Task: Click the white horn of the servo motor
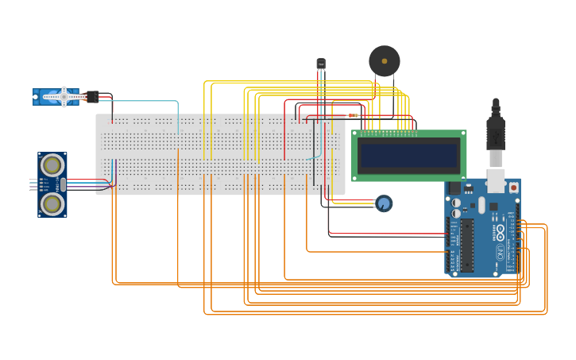coord(64,97)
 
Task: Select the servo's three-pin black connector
coord(92,97)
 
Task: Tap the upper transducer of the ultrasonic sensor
coord(52,165)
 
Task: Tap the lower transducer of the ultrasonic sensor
coord(52,204)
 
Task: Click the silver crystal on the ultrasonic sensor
coord(64,184)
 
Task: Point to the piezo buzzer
coord(385,61)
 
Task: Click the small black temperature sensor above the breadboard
coord(321,64)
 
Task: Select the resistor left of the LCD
coord(353,116)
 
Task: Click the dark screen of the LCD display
coord(408,155)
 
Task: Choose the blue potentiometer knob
coord(384,203)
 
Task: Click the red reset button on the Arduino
coord(513,188)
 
